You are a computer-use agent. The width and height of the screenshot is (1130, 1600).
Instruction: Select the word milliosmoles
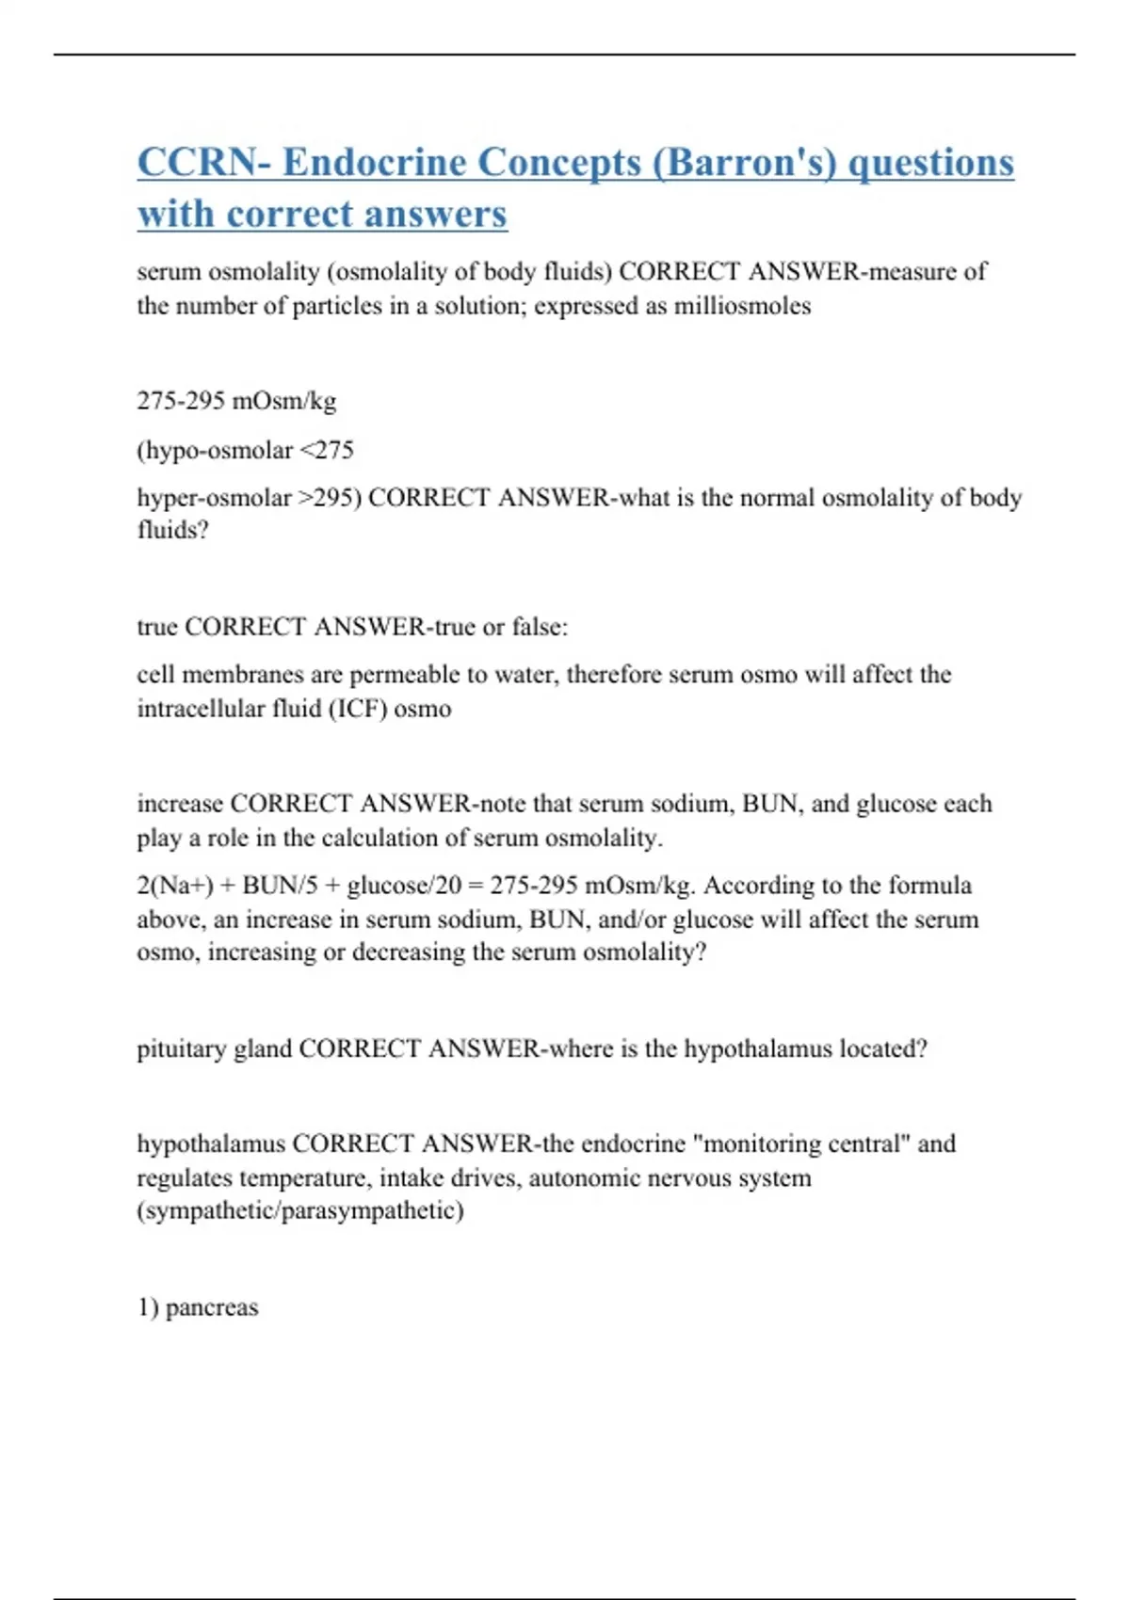[x=742, y=306]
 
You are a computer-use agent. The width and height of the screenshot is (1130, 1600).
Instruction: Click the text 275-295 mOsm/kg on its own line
[x=236, y=401]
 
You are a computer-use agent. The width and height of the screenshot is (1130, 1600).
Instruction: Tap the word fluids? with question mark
[x=172, y=530]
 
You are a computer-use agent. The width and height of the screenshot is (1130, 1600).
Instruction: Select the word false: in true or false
[x=540, y=627]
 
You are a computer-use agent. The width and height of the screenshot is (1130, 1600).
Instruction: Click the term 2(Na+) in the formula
[x=175, y=886]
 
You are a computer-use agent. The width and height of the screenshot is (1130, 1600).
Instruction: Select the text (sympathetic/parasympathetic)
[x=300, y=1210]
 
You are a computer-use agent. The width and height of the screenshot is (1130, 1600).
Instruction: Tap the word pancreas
[x=212, y=1307]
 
